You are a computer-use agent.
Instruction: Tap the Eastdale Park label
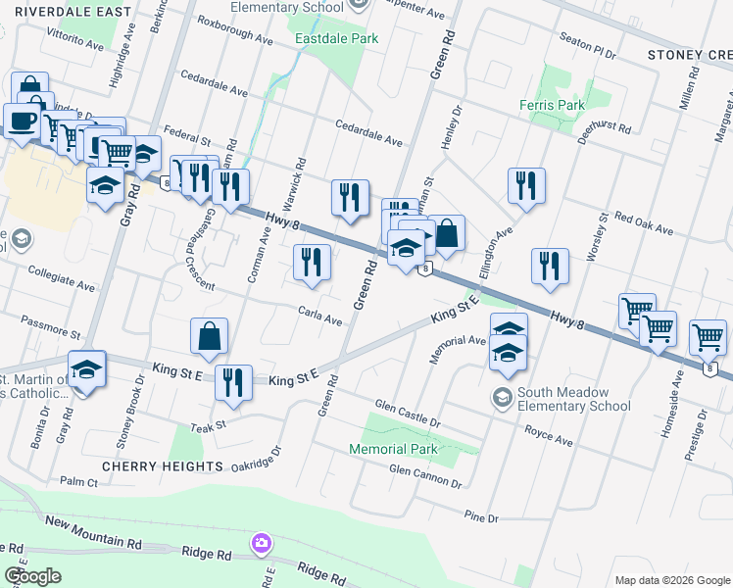click(337, 39)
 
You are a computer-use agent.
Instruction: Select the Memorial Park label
click(392, 449)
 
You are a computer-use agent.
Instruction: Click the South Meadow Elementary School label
click(573, 398)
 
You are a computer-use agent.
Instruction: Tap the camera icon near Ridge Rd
click(261, 542)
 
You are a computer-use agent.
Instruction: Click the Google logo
click(31, 576)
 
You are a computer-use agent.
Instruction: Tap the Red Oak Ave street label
click(645, 222)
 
